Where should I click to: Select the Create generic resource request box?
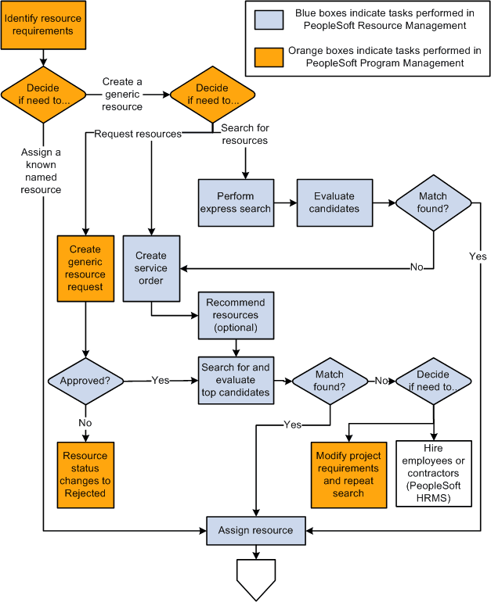85,268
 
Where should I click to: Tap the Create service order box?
151,267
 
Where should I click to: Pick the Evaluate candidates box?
334,202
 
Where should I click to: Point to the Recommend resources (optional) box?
236,315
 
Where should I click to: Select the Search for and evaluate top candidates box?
236,380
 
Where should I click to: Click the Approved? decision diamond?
85,381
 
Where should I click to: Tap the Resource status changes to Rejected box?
85,475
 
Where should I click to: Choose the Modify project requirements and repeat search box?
348,475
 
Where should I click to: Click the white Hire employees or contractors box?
434,474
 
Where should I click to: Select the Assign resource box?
255,530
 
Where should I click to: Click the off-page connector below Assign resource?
256,579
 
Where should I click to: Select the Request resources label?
137,134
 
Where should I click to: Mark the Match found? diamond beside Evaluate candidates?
433,202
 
